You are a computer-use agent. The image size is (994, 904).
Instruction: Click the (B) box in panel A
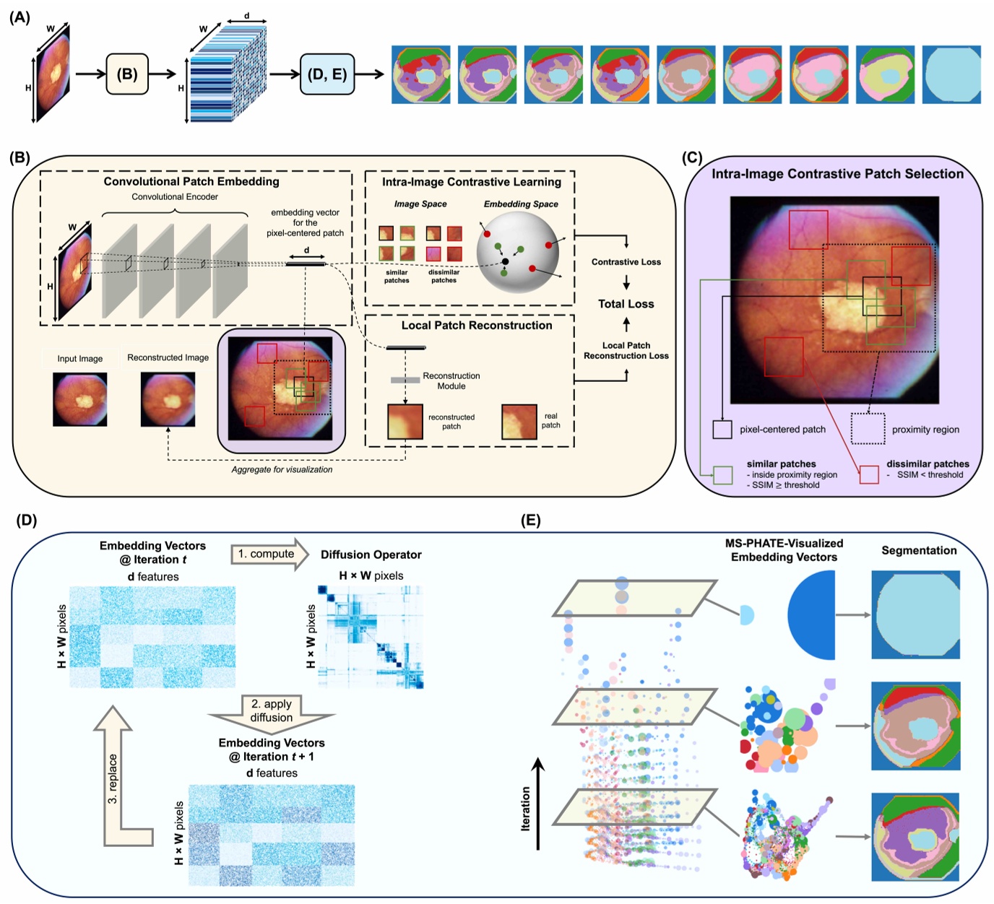click(x=127, y=74)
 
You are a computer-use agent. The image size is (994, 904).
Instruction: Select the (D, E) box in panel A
click(x=327, y=74)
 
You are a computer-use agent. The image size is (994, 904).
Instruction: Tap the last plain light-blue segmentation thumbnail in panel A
click(x=951, y=74)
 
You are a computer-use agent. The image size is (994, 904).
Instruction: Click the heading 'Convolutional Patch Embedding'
click(x=191, y=181)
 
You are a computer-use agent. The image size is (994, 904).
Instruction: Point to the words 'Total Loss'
click(x=626, y=304)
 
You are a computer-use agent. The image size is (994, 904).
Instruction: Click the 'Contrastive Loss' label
click(x=626, y=262)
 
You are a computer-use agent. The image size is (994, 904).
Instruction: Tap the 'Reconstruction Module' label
click(x=451, y=381)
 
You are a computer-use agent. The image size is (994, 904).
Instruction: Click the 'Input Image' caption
click(x=80, y=359)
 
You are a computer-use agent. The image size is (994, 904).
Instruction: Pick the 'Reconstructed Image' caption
click(x=168, y=357)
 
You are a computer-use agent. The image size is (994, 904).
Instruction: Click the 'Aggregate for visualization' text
click(x=282, y=469)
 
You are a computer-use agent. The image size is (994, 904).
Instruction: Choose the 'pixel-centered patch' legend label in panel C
click(x=782, y=430)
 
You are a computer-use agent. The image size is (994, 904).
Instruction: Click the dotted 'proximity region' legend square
click(x=868, y=428)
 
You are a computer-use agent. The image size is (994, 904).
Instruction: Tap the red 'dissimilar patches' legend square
click(x=869, y=474)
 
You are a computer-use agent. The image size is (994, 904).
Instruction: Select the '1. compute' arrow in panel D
click(x=269, y=555)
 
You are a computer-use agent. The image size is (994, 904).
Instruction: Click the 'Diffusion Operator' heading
click(x=371, y=555)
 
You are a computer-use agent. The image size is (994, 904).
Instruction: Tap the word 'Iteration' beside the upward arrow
click(x=525, y=808)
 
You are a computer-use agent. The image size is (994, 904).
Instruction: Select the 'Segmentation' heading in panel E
click(x=919, y=550)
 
